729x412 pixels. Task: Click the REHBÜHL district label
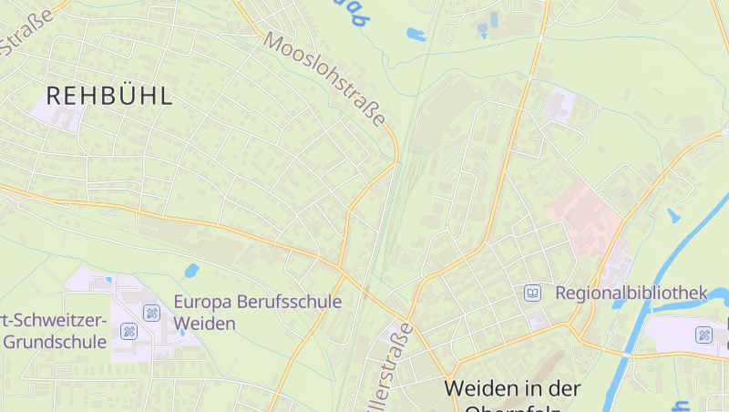tap(108, 97)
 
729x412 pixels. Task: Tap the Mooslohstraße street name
tap(326, 80)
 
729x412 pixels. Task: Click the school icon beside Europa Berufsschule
tap(152, 314)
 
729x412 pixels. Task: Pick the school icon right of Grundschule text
tap(128, 331)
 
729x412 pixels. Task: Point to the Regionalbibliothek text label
tap(631, 293)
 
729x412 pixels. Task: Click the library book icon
tap(532, 294)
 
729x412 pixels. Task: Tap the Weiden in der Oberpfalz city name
tap(512, 389)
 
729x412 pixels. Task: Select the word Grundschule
tap(54, 343)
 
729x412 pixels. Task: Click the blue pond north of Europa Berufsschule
tap(191, 271)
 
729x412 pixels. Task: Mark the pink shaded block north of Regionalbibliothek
tap(583, 210)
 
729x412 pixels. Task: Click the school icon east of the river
tap(703, 335)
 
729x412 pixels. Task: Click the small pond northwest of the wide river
tap(673, 216)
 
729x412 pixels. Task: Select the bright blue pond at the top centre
tap(416, 36)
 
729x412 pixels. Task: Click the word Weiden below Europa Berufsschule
tap(204, 324)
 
